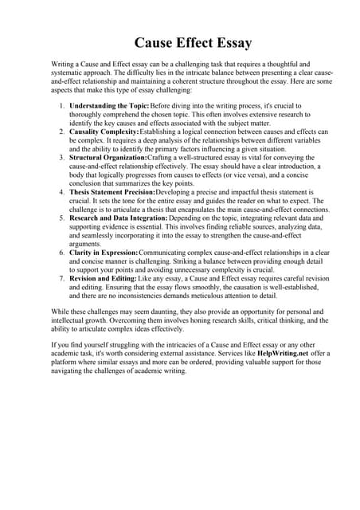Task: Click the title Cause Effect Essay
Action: [x=182, y=41]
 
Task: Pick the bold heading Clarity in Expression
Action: [x=103, y=253]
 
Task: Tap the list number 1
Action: [x=62, y=105]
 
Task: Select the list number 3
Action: [x=62, y=159]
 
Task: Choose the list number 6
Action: [x=62, y=253]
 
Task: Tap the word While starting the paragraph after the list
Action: [x=62, y=312]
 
